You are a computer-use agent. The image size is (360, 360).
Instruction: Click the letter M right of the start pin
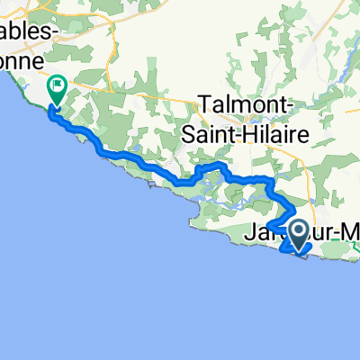tap(348, 230)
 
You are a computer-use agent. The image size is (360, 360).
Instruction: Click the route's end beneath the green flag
tap(52, 112)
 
